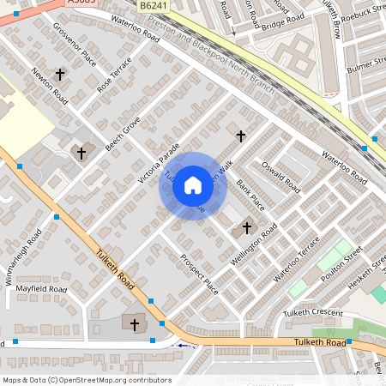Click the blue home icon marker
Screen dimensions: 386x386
click(193, 185)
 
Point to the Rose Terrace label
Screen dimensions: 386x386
click(115, 75)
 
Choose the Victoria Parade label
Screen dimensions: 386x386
click(159, 164)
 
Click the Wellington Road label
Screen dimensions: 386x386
click(253, 245)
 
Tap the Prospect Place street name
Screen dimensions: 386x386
click(199, 274)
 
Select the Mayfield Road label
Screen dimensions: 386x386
click(41, 289)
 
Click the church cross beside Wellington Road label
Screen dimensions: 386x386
click(248, 227)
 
